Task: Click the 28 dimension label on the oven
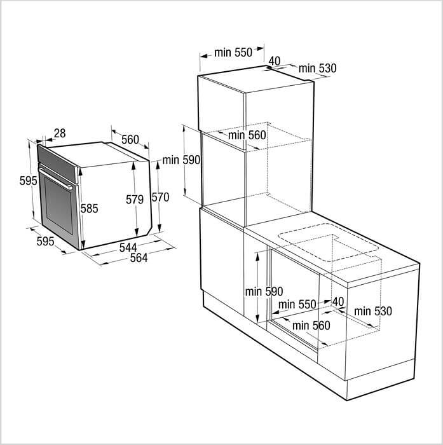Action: pos(60,133)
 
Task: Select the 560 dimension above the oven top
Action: pos(130,140)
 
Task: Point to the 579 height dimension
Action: pos(135,200)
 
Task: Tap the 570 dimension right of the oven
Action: pos(160,197)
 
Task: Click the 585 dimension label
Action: pos(90,209)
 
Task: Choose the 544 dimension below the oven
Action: pos(128,247)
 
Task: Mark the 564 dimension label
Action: pos(139,257)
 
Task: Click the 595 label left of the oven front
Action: pos(29,181)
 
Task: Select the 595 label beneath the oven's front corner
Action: pos(45,241)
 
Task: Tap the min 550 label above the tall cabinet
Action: pos(233,53)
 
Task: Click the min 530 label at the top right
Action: pos(318,69)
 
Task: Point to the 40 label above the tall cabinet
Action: pos(275,61)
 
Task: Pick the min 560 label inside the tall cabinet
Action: pos(247,135)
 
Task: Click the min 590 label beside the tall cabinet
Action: pos(181,160)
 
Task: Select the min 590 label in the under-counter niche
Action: pos(264,292)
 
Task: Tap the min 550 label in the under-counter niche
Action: pos(297,305)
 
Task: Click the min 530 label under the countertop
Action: pos(373,311)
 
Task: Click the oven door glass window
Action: pos(58,205)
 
